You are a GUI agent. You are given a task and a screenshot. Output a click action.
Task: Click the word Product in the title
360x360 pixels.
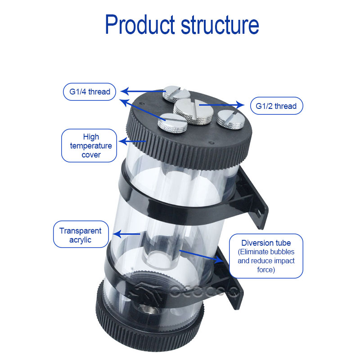tap(140, 25)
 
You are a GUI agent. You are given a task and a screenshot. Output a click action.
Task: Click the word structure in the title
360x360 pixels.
tap(220, 25)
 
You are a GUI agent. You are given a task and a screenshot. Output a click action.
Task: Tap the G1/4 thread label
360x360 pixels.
tap(90, 92)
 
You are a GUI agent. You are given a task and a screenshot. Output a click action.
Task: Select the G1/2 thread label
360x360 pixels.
tap(276, 106)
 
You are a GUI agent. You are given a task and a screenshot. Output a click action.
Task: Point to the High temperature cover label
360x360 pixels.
tap(89, 145)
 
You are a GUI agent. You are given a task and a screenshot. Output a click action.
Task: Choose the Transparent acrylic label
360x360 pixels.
tap(81, 234)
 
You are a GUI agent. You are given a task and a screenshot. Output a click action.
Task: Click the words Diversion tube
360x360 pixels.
tap(266, 243)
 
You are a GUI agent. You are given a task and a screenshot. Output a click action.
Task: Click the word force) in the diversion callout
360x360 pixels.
tap(266, 270)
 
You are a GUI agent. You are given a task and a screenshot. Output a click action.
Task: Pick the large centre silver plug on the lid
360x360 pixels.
tap(193, 111)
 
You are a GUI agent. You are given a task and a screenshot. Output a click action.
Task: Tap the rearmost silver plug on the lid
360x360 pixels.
tap(176, 94)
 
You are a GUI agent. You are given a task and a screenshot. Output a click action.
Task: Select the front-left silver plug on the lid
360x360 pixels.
tap(172, 123)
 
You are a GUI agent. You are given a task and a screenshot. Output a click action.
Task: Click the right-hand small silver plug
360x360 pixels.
tap(230, 119)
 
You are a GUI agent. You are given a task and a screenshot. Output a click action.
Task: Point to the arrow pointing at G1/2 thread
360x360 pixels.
tap(221, 105)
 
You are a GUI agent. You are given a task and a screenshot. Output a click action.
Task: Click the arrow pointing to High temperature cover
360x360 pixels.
tap(132, 141)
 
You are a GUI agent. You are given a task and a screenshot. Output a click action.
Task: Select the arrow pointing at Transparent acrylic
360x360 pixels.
tap(126, 234)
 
